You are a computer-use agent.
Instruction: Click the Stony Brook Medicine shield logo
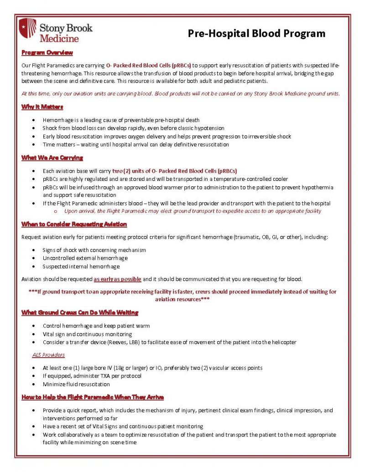(x=27, y=28)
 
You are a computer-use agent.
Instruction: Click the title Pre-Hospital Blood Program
(x=257, y=33)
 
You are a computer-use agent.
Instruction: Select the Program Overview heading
(x=47, y=53)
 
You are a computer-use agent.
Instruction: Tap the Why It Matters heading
(x=42, y=107)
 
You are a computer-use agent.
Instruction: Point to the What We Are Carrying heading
(x=52, y=158)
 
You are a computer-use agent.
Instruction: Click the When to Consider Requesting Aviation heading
(x=74, y=224)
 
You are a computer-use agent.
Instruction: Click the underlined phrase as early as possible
(x=117, y=279)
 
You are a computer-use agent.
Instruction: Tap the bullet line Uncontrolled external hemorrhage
(x=85, y=258)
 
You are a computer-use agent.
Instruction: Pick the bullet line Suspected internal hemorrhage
(x=81, y=266)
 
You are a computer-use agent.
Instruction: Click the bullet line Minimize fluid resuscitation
(x=76, y=384)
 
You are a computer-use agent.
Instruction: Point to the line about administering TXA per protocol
(x=92, y=376)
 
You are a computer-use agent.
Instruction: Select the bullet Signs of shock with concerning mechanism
(x=94, y=250)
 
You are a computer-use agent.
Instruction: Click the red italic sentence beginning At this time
(x=180, y=94)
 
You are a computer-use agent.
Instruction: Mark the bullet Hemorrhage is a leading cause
(x=121, y=120)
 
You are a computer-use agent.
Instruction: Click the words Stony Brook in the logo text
(x=66, y=27)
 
